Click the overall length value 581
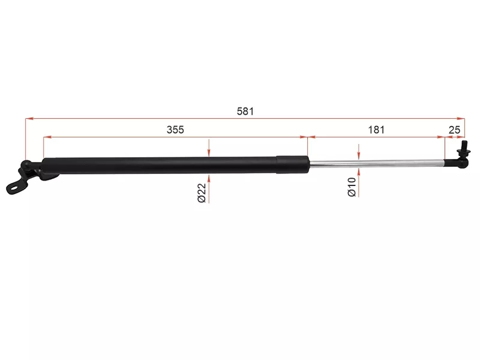(x=245, y=111)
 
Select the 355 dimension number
(x=175, y=130)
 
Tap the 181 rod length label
(x=376, y=130)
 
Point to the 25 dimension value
(x=454, y=130)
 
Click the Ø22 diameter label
(x=202, y=193)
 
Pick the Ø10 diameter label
(x=352, y=187)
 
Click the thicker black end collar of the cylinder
(x=293, y=164)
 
